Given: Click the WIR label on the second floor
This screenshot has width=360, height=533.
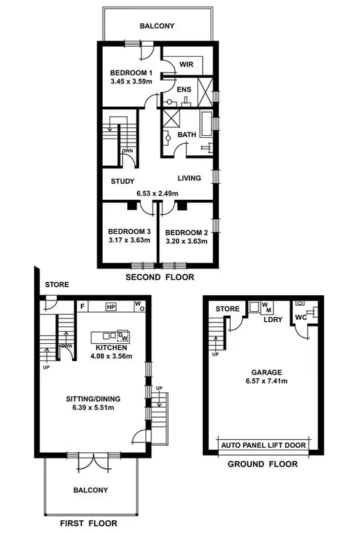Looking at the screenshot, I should (186, 65).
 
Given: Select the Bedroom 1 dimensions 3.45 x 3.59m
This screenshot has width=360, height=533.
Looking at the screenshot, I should (131, 83).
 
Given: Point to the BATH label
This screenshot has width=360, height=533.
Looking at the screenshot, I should (187, 135).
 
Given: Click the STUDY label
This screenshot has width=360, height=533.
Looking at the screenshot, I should (122, 181).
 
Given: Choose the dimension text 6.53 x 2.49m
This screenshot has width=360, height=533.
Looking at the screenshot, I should (158, 193).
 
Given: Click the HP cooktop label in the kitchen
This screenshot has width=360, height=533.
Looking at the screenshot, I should (111, 307).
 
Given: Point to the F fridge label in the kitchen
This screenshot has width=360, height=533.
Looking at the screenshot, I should (82, 307).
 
